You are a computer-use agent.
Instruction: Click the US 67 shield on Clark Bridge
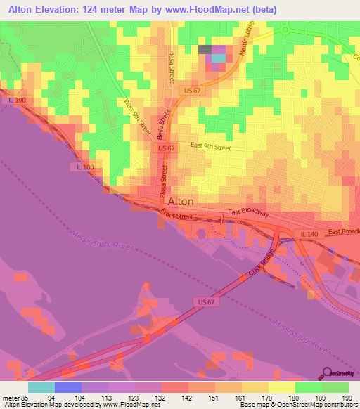point(202,301)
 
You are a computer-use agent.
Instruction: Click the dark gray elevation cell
point(205,49)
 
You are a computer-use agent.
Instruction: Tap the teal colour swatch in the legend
point(41,387)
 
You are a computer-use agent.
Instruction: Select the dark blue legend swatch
point(68,387)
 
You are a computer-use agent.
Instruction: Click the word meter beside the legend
point(10,397)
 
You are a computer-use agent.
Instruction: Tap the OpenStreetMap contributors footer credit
point(316,405)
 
